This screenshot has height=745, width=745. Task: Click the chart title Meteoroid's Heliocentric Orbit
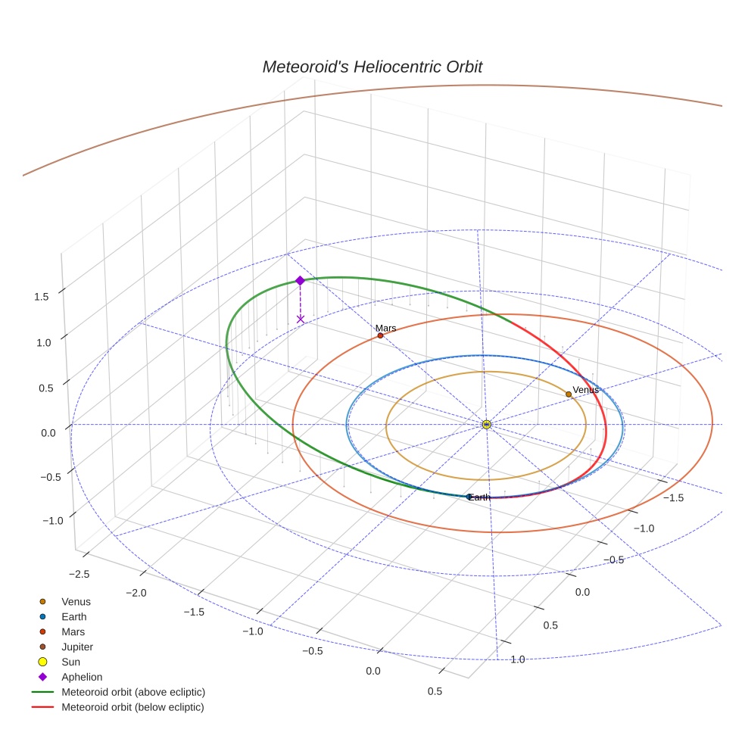click(x=372, y=67)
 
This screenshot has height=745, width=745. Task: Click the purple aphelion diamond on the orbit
click(x=300, y=281)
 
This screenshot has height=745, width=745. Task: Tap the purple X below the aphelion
click(x=301, y=319)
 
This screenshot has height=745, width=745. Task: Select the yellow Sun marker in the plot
click(x=486, y=425)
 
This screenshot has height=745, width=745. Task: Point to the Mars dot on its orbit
click(x=380, y=335)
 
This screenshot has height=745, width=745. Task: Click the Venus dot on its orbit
click(x=569, y=394)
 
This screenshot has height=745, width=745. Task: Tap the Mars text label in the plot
click(x=386, y=328)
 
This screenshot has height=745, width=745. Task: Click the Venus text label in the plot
click(x=585, y=389)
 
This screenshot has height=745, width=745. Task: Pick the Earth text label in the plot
click(x=480, y=497)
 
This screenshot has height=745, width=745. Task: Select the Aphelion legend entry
click(x=82, y=677)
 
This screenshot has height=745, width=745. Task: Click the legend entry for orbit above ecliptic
click(x=133, y=692)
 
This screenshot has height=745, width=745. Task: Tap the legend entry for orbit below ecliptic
click(x=132, y=707)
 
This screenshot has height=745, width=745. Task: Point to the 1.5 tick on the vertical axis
click(x=41, y=297)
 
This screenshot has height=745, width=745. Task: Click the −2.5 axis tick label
click(x=79, y=574)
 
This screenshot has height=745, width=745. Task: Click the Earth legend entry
click(x=73, y=616)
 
